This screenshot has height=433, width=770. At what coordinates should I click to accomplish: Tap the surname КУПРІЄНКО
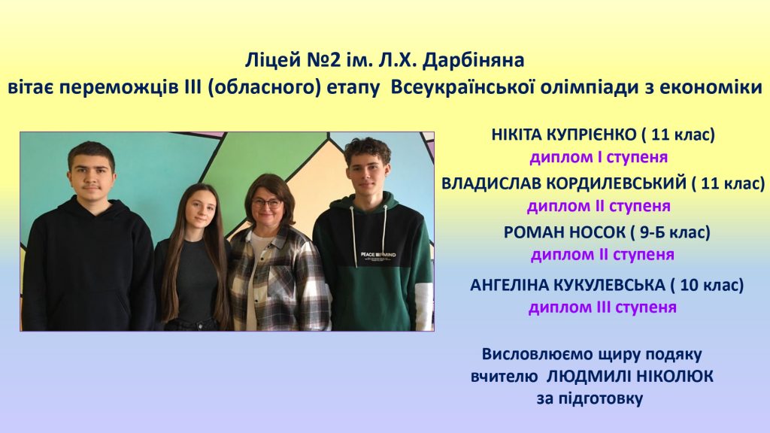[590, 134]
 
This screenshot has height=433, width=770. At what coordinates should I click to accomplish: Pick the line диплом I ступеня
[599, 158]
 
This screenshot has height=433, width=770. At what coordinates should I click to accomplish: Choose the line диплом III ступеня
[602, 307]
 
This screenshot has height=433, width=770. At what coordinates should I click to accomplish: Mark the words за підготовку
[590, 398]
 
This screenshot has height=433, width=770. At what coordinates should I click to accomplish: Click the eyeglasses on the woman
[267, 201]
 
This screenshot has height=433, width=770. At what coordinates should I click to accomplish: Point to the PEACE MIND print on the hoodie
[378, 255]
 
